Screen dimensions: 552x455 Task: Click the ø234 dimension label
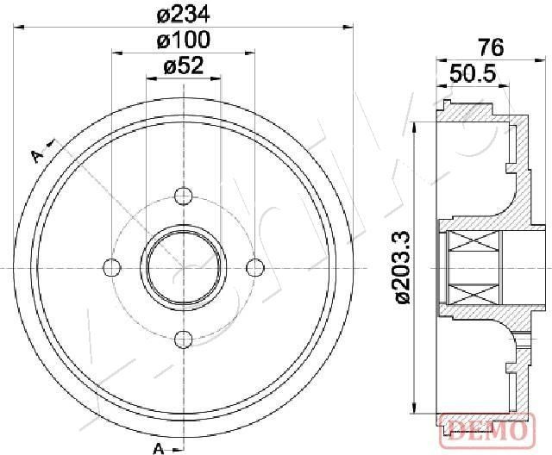183,15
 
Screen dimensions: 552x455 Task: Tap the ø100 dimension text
183,40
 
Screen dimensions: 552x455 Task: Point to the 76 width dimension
491,47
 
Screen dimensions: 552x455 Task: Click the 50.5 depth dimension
473,73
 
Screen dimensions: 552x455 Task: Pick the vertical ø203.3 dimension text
403,267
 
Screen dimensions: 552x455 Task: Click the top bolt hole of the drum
184,196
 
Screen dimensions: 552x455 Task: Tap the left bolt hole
112,268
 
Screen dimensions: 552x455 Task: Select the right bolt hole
255,268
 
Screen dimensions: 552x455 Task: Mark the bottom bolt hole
184,339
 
